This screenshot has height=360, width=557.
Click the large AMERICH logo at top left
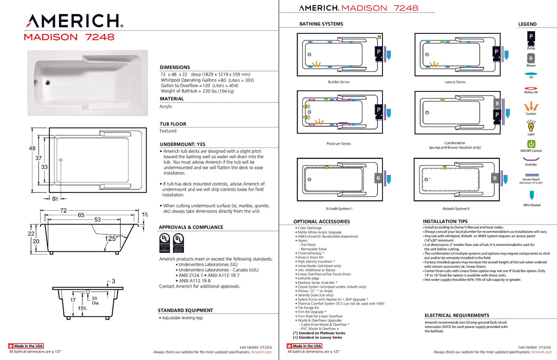pyautogui.click(x=74, y=21)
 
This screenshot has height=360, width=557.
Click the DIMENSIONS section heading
pyautogui.click(x=175, y=67)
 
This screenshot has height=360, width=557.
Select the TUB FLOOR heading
pyautogui.click(x=173, y=124)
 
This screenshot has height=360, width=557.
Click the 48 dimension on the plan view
pyautogui.click(x=32, y=148)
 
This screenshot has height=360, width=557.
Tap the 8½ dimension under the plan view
pyautogui.click(x=55, y=199)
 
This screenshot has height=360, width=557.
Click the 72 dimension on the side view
pyautogui.click(x=63, y=211)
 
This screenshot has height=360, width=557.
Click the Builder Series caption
pyautogui.click(x=338, y=82)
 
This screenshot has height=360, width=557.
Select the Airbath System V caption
pyautogui.click(x=455, y=209)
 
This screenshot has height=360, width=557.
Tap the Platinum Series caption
pyautogui.click(x=339, y=144)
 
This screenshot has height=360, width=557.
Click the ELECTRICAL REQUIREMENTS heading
pyautogui.click(x=457, y=315)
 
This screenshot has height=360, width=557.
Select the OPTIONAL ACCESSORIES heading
pyautogui.click(x=322, y=222)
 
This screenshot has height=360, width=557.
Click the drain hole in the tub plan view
pyautogui.click(x=60, y=160)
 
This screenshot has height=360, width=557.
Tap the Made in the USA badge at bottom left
pyautogui.click(x=26, y=346)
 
